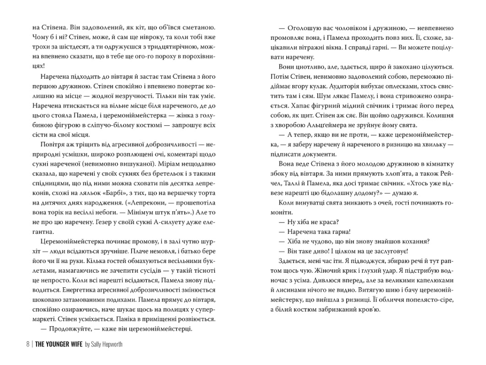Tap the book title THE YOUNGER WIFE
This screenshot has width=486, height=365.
coord(58,346)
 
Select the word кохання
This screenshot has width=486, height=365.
coord(417,241)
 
